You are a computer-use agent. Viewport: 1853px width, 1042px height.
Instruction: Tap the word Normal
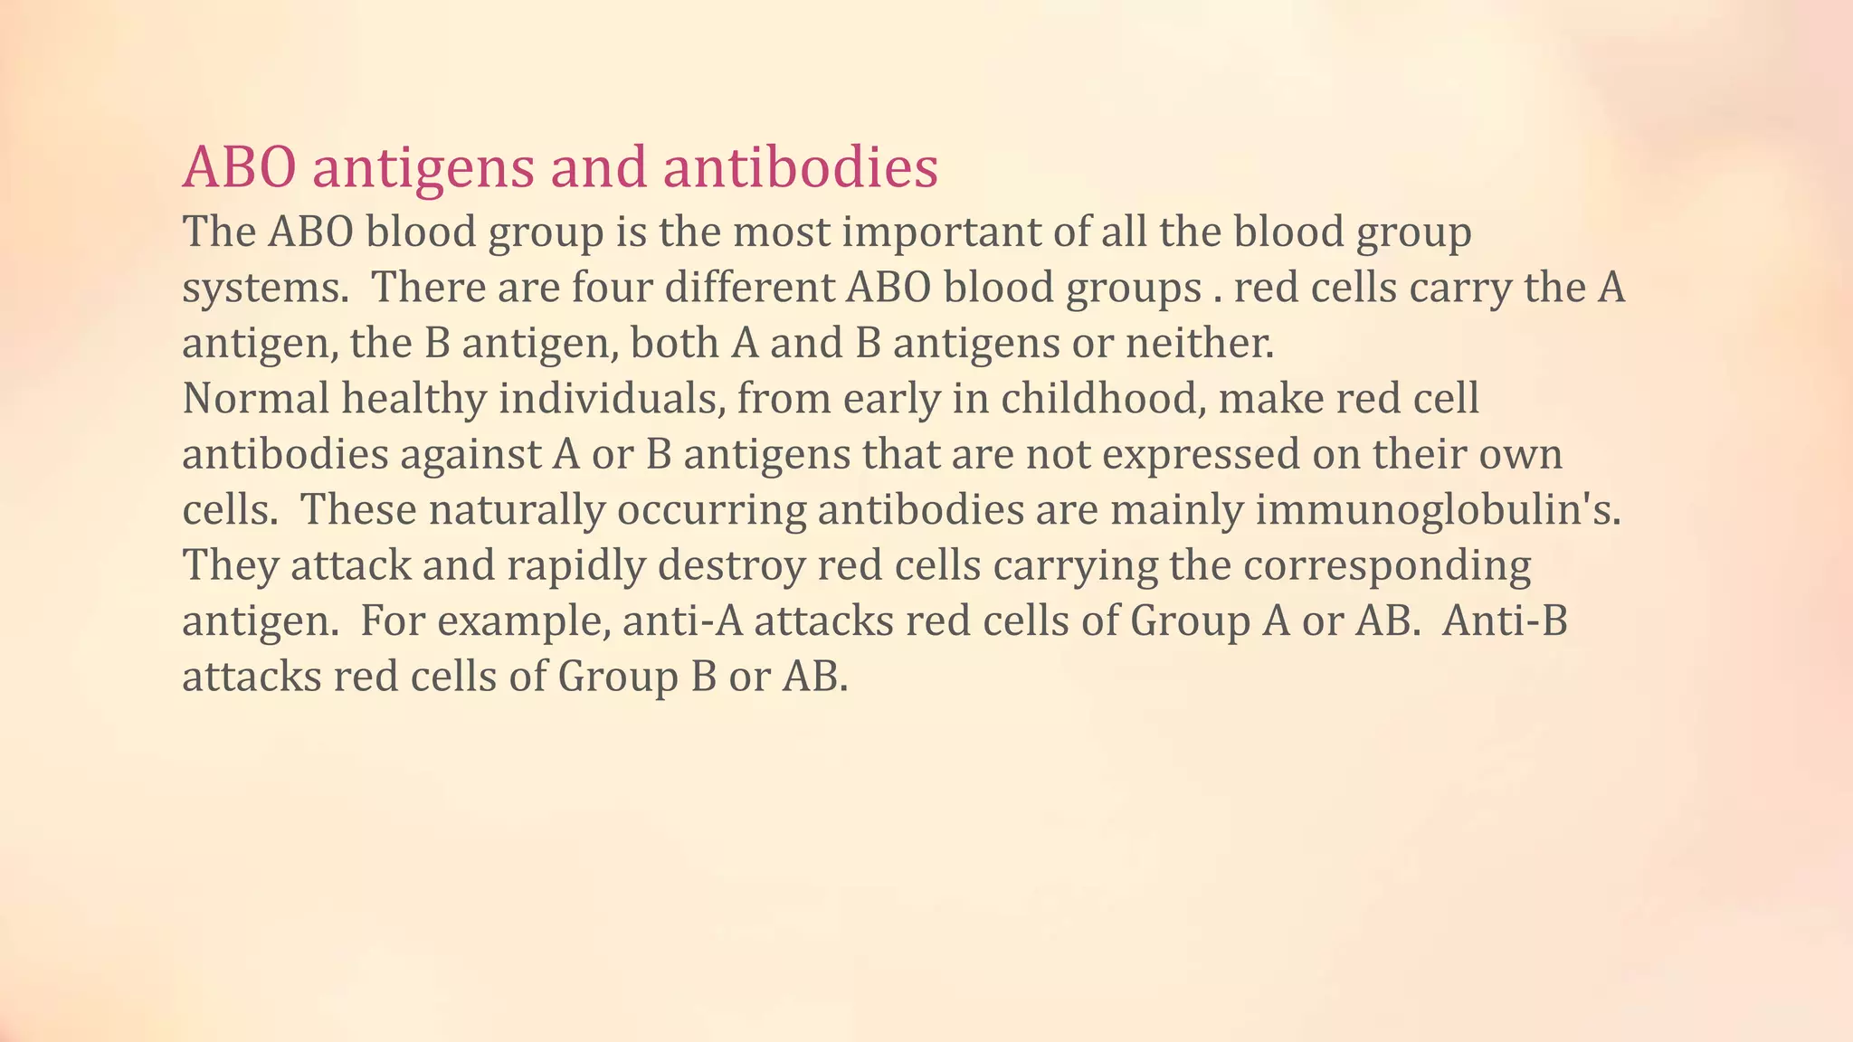256,399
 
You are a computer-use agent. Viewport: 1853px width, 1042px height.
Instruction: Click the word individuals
613,399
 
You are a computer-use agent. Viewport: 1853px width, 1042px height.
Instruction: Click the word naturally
516,510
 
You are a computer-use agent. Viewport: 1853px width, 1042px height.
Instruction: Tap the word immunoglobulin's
1438,510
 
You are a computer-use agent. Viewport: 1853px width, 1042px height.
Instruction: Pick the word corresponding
1386,566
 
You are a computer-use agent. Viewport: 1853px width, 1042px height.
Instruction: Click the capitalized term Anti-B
1505,621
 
